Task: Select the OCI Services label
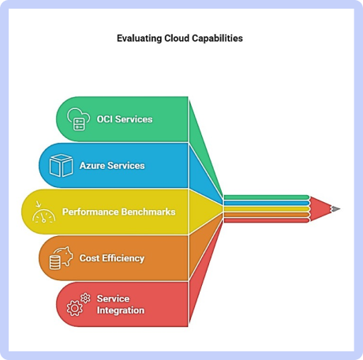tap(125, 119)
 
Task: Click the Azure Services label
tap(112, 166)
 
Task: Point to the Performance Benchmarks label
tap(119, 212)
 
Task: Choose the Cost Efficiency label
tap(112, 258)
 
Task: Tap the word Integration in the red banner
tap(121, 310)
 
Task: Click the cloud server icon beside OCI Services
tap(78, 119)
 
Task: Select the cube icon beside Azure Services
tap(61, 166)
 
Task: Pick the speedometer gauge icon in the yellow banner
tap(43, 212)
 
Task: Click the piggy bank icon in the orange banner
tap(61, 258)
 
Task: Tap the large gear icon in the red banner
tap(74, 308)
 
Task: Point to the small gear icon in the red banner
tap(85, 298)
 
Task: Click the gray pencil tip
tap(335, 209)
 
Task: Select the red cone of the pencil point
tap(320, 209)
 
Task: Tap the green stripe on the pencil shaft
tap(266, 197)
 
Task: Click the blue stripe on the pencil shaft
tap(266, 203)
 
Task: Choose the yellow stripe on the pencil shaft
tap(266, 209)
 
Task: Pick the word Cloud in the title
tap(177, 39)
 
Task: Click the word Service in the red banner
tap(113, 298)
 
